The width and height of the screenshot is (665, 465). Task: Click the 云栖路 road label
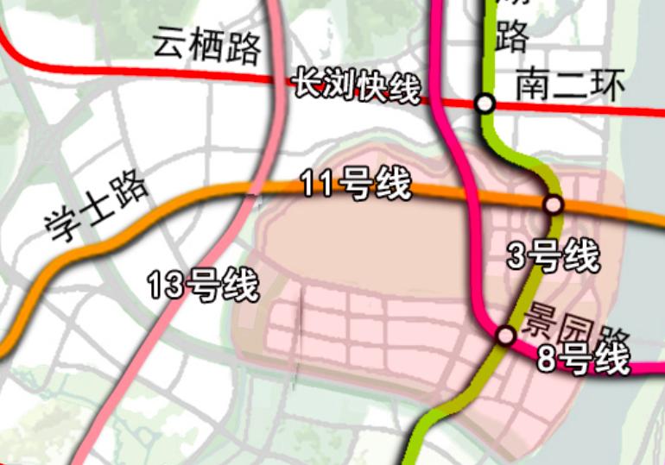[x=208, y=45]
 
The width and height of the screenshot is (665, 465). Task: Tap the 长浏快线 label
[x=357, y=86]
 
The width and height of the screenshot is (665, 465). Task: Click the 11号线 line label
[x=356, y=185]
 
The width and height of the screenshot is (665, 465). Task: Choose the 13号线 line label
[x=203, y=285]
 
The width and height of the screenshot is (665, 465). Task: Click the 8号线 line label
[x=584, y=358]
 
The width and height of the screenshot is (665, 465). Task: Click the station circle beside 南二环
[x=485, y=104]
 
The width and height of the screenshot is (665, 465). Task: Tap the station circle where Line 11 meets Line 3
[x=553, y=204]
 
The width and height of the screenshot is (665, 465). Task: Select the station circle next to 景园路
[x=506, y=334]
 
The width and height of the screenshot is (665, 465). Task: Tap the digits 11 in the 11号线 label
[x=318, y=183]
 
